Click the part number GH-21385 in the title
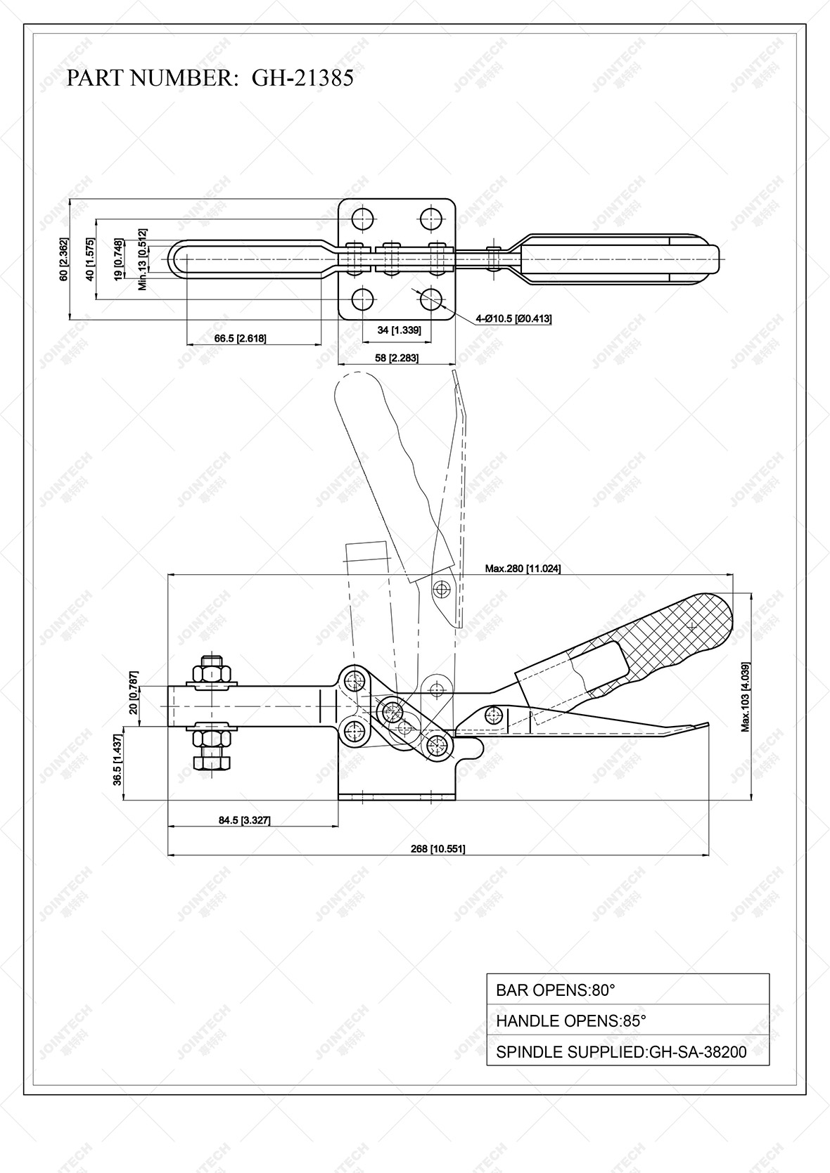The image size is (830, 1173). pyautogui.click(x=302, y=78)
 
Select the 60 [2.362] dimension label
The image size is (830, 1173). pyautogui.click(x=64, y=259)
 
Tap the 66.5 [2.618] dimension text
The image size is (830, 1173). pyautogui.click(x=240, y=339)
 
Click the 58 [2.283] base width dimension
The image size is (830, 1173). pyautogui.click(x=396, y=358)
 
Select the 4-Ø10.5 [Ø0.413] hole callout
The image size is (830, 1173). pyautogui.click(x=513, y=319)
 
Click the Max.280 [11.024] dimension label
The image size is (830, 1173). pyautogui.click(x=523, y=568)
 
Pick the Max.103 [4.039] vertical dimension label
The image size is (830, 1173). pyautogui.click(x=745, y=696)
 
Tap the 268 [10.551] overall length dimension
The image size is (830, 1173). pyautogui.click(x=438, y=848)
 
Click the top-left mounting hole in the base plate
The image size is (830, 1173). pyautogui.click(x=363, y=219)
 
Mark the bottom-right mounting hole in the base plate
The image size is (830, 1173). pyautogui.click(x=431, y=299)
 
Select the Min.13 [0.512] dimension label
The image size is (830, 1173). pyautogui.click(x=143, y=259)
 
